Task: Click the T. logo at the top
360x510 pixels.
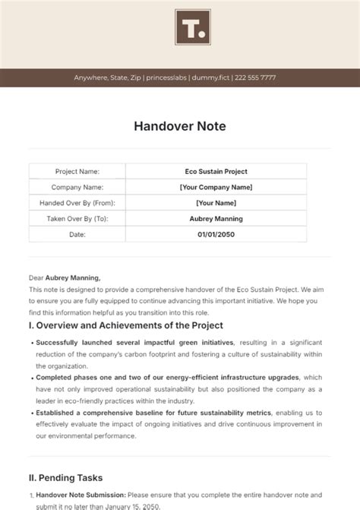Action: point(193,29)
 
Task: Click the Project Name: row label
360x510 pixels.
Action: point(77,172)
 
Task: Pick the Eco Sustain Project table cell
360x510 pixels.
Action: point(216,172)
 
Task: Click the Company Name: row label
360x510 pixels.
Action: point(77,187)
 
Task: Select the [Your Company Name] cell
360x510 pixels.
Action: point(216,187)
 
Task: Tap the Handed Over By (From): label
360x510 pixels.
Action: point(77,203)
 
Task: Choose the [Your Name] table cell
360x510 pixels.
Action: point(216,203)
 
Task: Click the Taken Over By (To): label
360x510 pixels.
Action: point(77,219)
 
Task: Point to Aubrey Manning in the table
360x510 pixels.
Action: point(216,219)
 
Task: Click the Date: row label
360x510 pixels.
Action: point(77,234)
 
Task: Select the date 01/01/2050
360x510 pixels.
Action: point(216,234)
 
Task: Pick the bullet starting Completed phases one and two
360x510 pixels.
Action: point(114,377)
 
